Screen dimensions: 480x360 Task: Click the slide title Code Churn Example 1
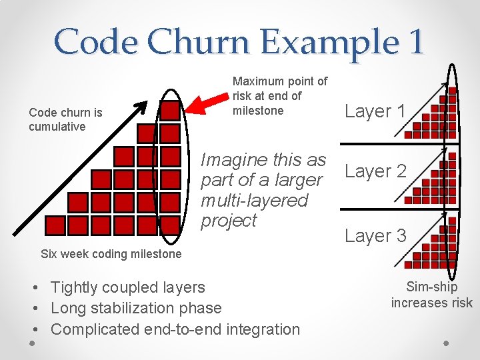pyautogui.click(x=239, y=41)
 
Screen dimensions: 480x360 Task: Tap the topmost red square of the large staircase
pyautogui.click(x=170, y=111)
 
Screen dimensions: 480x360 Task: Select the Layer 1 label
pyautogui.click(x=375, y=111)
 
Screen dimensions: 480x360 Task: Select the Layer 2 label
pyautogui.click(x=375, y=171)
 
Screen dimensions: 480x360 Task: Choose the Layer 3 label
pyautogui.click(x=375, y=235)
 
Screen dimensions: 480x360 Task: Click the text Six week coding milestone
pyautogui.click(x=111, y=254)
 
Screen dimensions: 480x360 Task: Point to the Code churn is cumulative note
pyautogui.click(x=65, y=119)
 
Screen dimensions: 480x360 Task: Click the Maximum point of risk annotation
pyautogui.click(x=280, y=96)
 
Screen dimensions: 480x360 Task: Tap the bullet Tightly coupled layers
pyautogui.click(x=127, y=287)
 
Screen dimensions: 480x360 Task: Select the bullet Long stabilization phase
pyautogui.click(x=135, y=308)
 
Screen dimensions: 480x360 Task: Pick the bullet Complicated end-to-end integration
pyautogui.click(x=175, y=329)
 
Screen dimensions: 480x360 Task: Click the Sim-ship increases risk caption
pyautogui.click(x=431, y=295)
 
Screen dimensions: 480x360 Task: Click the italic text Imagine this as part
pyautogui.click(x=263, y=190)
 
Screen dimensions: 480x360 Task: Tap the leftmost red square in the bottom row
pyautogui.click(x=55, y=225)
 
